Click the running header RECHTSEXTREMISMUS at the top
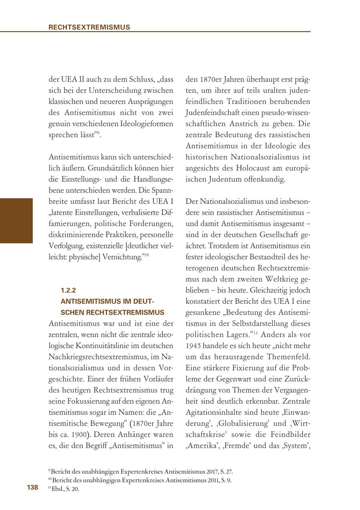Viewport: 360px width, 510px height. (x=89, y=27)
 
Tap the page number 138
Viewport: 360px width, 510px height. (x=32, y=487)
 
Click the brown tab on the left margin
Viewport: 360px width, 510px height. (x=16, y=221)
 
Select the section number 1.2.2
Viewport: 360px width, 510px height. (x=68, y=291)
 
